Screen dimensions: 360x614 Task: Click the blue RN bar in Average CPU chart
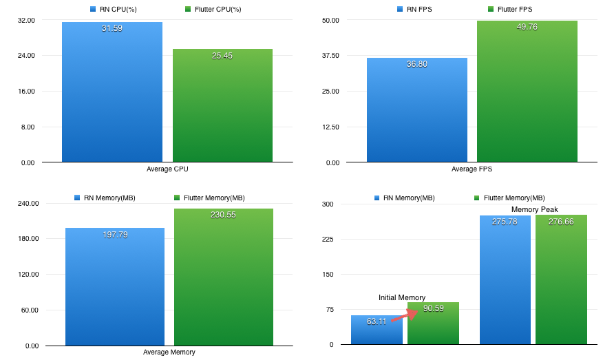[112, 96]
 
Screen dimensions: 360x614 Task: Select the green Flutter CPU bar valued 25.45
[222, 110]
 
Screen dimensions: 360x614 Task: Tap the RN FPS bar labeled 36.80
[416, 114]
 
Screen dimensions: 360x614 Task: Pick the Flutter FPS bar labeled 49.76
[527, 96]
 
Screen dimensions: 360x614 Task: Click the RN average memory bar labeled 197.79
[115, 289]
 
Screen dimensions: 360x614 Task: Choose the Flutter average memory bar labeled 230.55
[224, 279]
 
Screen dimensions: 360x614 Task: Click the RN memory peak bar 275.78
[505, 282]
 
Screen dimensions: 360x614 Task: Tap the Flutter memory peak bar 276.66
[561, 282]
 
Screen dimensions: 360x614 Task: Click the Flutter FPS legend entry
[509, 10]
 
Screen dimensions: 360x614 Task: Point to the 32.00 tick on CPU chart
[27, 20]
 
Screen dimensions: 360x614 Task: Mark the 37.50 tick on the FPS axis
[331, 56]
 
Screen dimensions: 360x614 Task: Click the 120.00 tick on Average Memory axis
[27, 275]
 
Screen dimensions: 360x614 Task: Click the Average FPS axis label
[472, 169]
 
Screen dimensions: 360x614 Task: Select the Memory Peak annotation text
[534, 209]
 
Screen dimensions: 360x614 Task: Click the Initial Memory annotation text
[402, 297]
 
